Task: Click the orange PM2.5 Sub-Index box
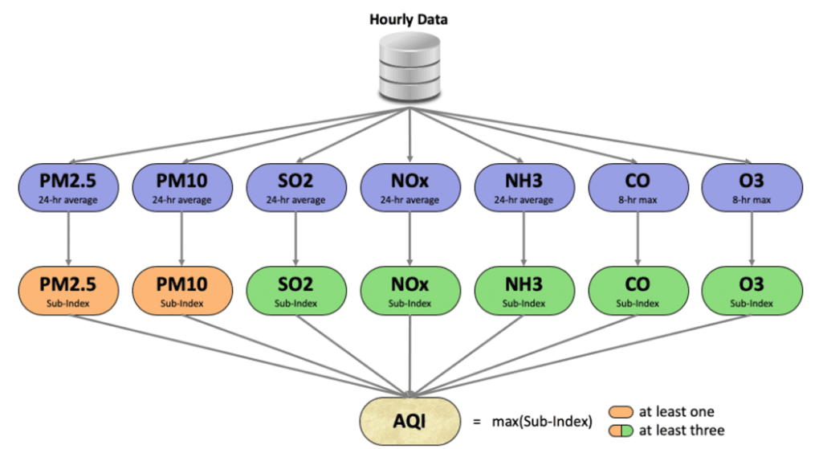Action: [x=68, y=291]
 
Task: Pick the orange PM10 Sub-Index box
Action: [x=181, y=291]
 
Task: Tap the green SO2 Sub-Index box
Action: [x=296, y=291]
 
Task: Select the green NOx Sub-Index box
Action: [x=410, y=291]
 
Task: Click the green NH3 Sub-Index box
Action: [x=524, y=291]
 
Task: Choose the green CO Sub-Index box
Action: [x=638, y=291]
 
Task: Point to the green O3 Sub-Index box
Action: [x=752, y=291]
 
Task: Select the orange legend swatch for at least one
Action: [x=623, y=412]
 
